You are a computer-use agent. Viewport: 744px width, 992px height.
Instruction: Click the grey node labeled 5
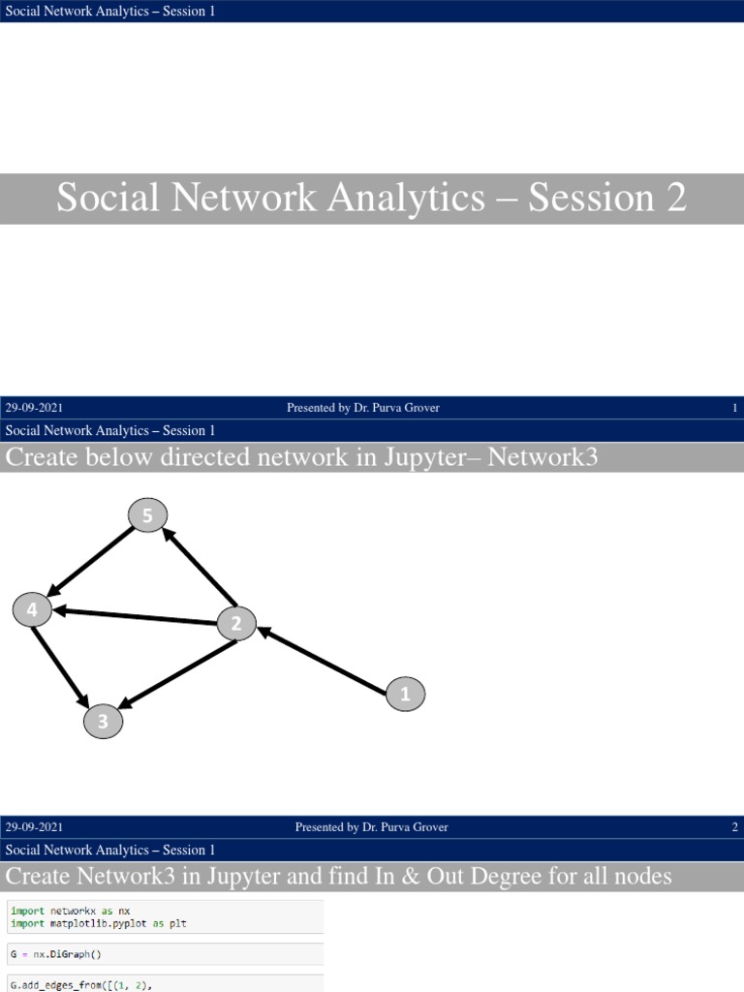pyautogui.click(x=147, y=516)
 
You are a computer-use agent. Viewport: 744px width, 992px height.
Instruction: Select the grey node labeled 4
pyautogui.click(x=32, y=610)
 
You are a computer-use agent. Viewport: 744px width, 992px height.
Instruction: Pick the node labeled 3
pyautogui.click(x=103, y=721)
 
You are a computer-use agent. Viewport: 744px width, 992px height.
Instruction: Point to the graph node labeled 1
pyautogui.click(x=405, y=694)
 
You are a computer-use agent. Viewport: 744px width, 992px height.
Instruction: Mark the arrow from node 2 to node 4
pyautogui.click(x=136, y=616)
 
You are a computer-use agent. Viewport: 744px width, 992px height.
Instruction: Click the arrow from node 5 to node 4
pyautogui.click(x=92, y=561)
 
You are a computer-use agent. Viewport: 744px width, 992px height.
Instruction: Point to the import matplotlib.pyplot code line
pyautogui.click(x=98, y=923)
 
